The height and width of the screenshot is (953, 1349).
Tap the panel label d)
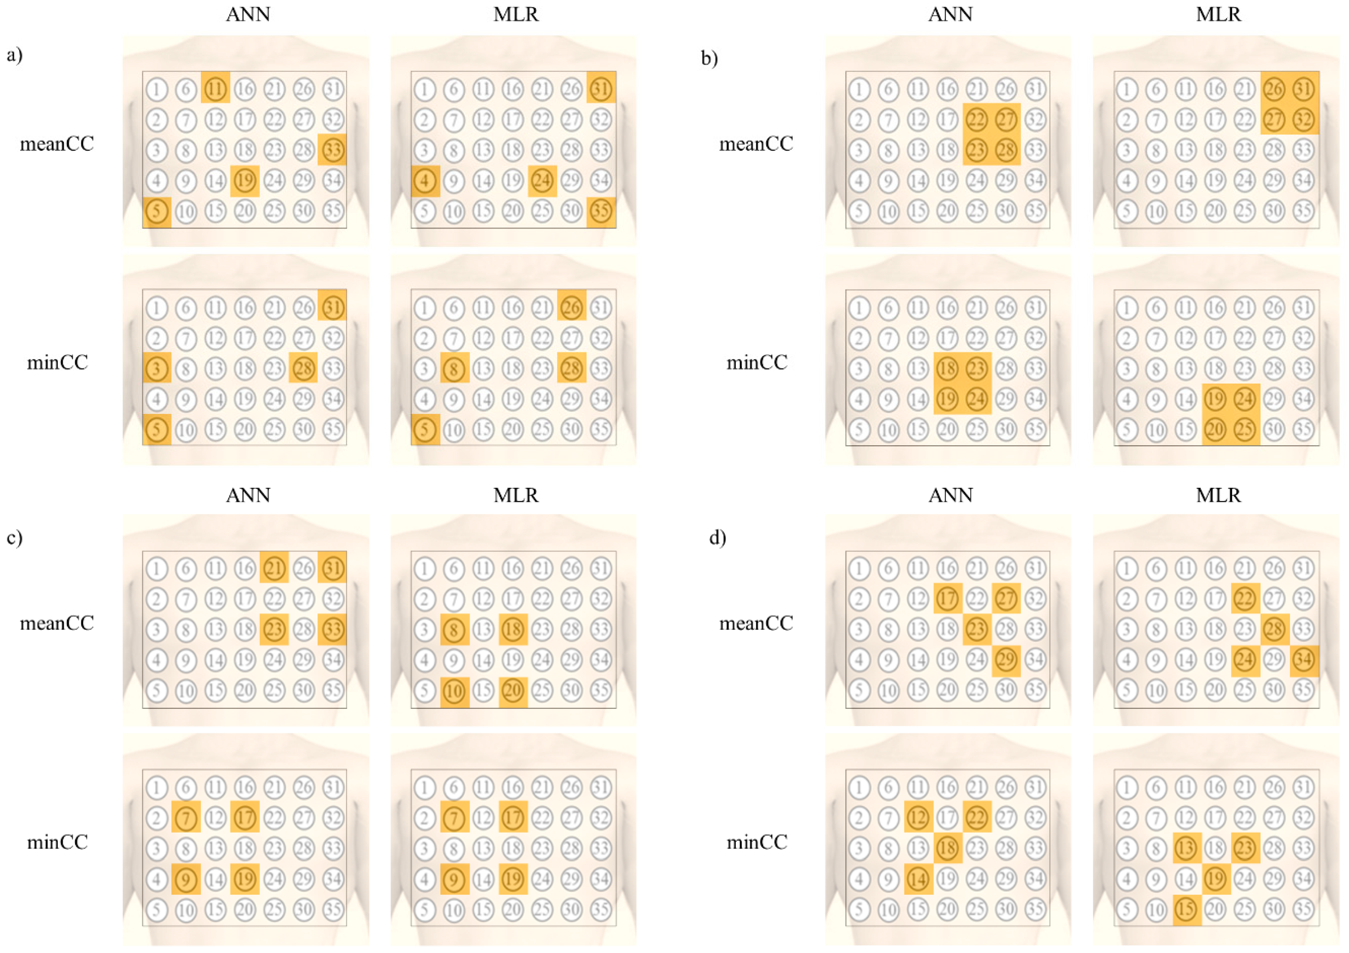tap(717, 537)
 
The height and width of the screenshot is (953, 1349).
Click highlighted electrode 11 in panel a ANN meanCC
tap(216, 89)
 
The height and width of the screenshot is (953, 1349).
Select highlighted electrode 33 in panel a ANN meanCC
tap(333, 150)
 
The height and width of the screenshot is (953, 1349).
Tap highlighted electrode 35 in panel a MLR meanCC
tap(601, 211)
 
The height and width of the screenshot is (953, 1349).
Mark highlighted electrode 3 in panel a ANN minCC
tap(156, 368)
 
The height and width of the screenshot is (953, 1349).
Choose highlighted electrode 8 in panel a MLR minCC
tap(454, 368)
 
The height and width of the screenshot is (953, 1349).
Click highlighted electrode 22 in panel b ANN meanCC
tap(977, 119)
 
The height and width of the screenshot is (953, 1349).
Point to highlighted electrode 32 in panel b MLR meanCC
tap(1303, 119)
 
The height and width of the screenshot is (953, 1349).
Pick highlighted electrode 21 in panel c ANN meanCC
tap(274, 568)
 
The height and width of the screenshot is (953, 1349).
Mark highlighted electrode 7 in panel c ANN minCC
tap(186, 817)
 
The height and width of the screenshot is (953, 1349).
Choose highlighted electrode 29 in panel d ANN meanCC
tap(1006, 660)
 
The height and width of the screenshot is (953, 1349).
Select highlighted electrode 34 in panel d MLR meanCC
tap(1303, 660)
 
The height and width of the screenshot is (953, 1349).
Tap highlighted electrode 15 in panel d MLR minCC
tap(1185, 909)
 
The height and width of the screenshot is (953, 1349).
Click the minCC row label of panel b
tap(757, 362)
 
